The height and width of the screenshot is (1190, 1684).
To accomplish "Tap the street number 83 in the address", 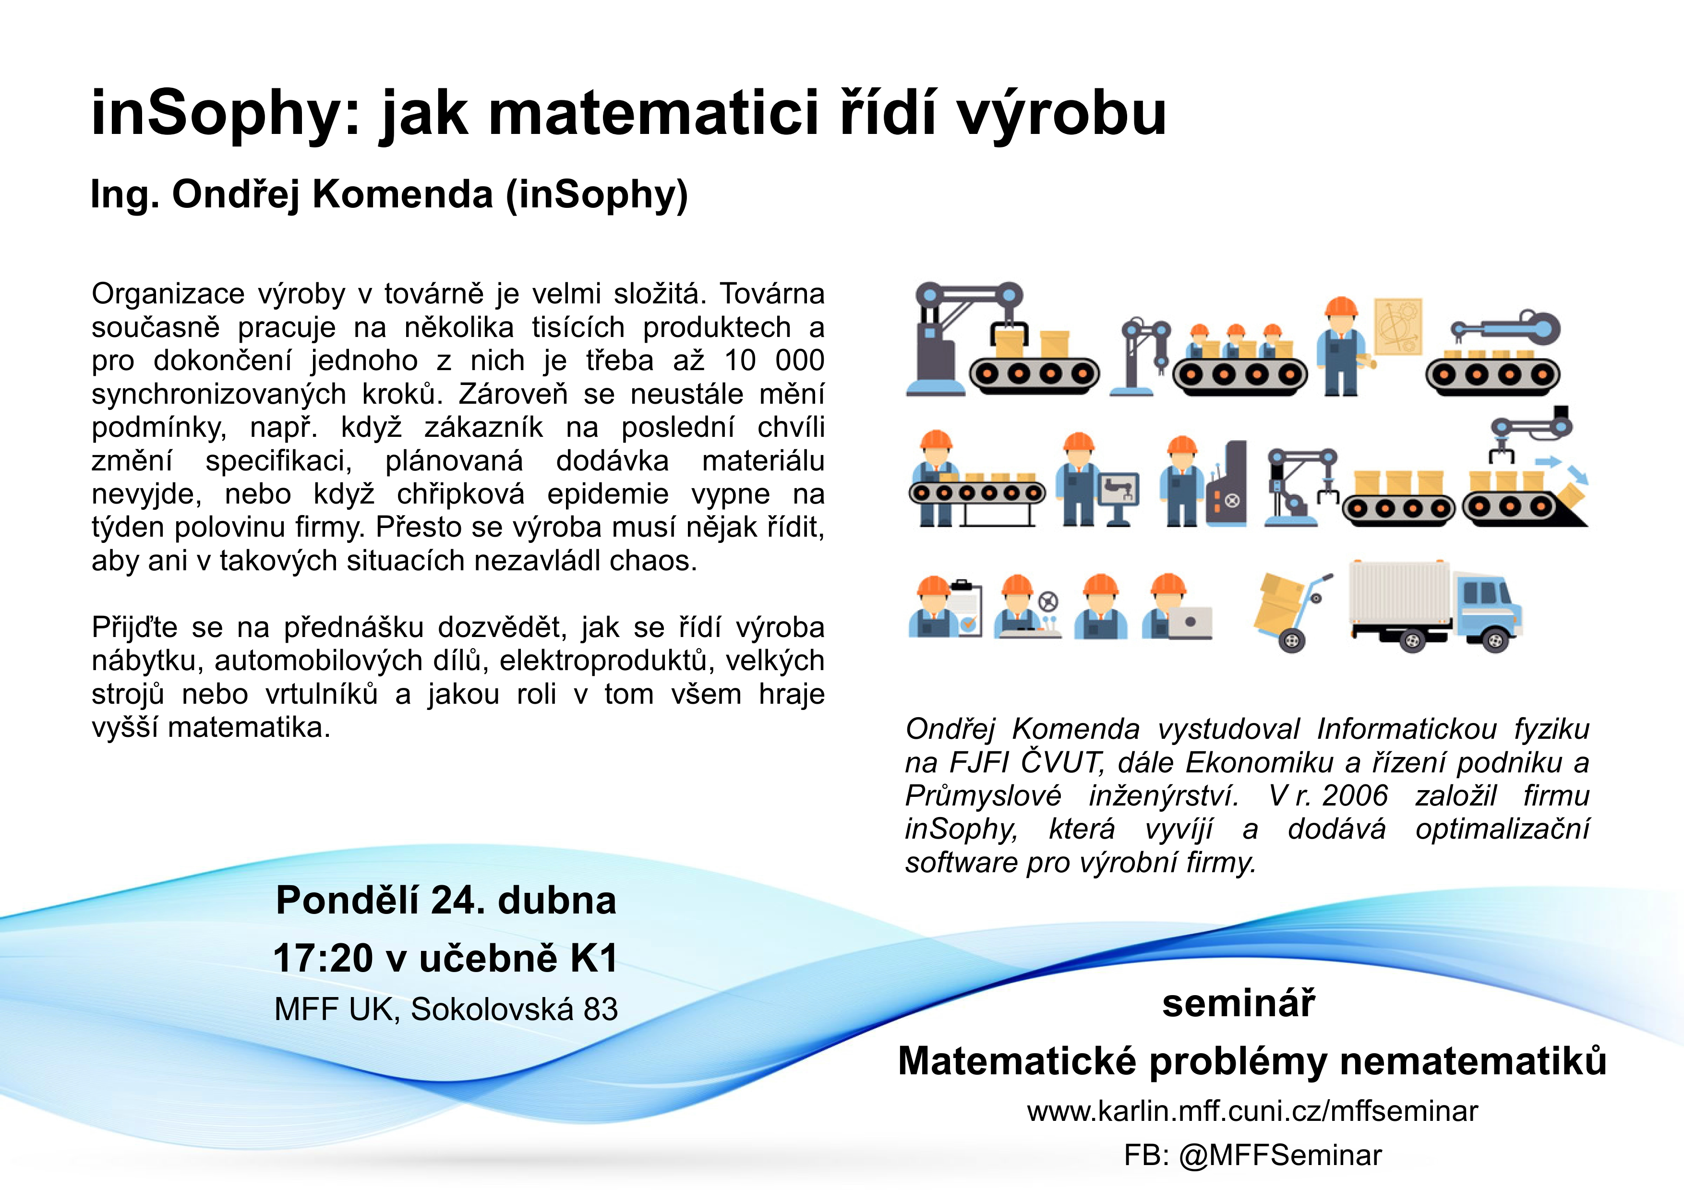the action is click(x=600, y=1010).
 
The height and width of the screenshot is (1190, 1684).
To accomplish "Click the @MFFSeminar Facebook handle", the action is click(x=1280, y=1155).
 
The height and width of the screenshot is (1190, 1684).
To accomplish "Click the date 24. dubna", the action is click(x=524, y=901).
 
